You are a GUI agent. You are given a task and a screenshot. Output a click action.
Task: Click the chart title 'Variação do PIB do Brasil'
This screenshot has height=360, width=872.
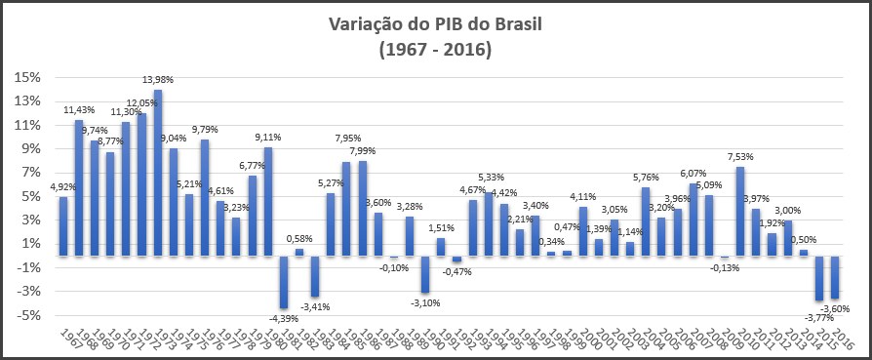[435, 22]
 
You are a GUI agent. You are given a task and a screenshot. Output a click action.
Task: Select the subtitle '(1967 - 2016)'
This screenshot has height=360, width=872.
[435, 47]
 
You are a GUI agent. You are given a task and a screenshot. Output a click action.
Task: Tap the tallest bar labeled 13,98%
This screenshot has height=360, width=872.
[157, 173]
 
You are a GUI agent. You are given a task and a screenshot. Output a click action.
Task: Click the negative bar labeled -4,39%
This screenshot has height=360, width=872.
[284, 282]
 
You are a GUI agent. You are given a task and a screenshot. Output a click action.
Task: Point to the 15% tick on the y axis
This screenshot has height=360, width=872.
[27, 78]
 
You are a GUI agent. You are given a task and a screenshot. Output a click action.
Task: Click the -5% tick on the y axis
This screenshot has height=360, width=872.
[27, 315]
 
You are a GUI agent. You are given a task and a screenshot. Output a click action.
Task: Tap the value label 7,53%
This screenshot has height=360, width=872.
[741, 156]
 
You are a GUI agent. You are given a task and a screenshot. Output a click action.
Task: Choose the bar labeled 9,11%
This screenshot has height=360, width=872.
[268, 201]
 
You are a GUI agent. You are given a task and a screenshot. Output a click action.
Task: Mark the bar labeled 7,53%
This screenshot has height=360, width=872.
[740, 211]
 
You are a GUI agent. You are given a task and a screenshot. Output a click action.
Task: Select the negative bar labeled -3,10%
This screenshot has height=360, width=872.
[425, 274]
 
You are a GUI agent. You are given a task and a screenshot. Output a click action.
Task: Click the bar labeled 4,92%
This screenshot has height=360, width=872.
[62, 226]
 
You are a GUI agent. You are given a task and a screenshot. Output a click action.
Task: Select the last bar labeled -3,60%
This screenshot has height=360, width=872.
[835, 277]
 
